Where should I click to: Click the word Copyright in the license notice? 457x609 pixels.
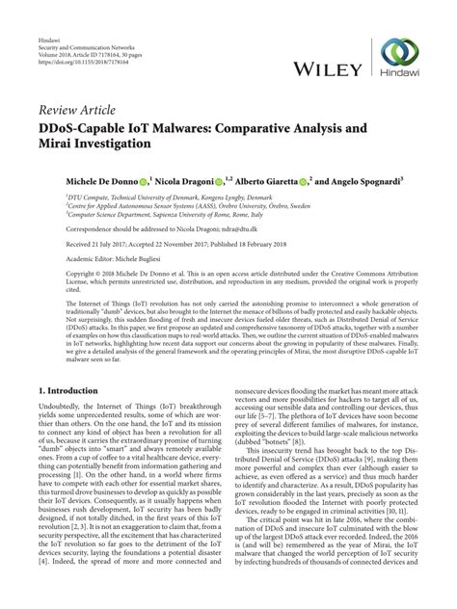[x=55, y=274]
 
